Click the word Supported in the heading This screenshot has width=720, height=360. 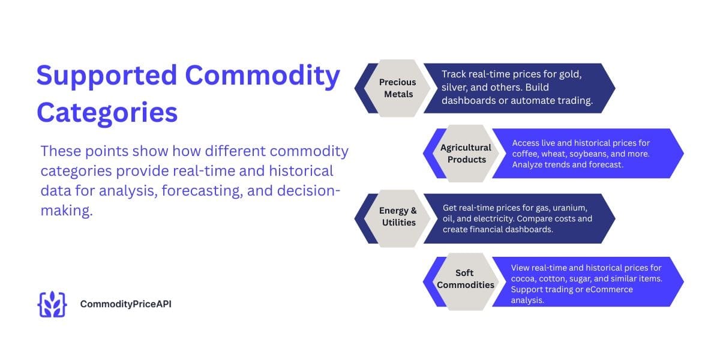point(106,76)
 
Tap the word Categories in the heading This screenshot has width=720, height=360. point(107,113)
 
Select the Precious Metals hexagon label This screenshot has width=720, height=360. point(397,88)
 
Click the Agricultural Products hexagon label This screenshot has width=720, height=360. point(466,153)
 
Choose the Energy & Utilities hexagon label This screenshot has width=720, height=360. point(398,216)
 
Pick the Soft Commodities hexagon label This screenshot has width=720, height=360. point(466,279)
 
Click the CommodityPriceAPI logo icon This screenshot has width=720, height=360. point(52,304)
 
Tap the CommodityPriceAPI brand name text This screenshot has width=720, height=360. point(126,304)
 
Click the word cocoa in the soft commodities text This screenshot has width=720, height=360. point(524,278)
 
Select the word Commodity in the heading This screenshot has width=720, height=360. point(262,76)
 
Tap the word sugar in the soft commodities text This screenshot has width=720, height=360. point(592,278)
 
